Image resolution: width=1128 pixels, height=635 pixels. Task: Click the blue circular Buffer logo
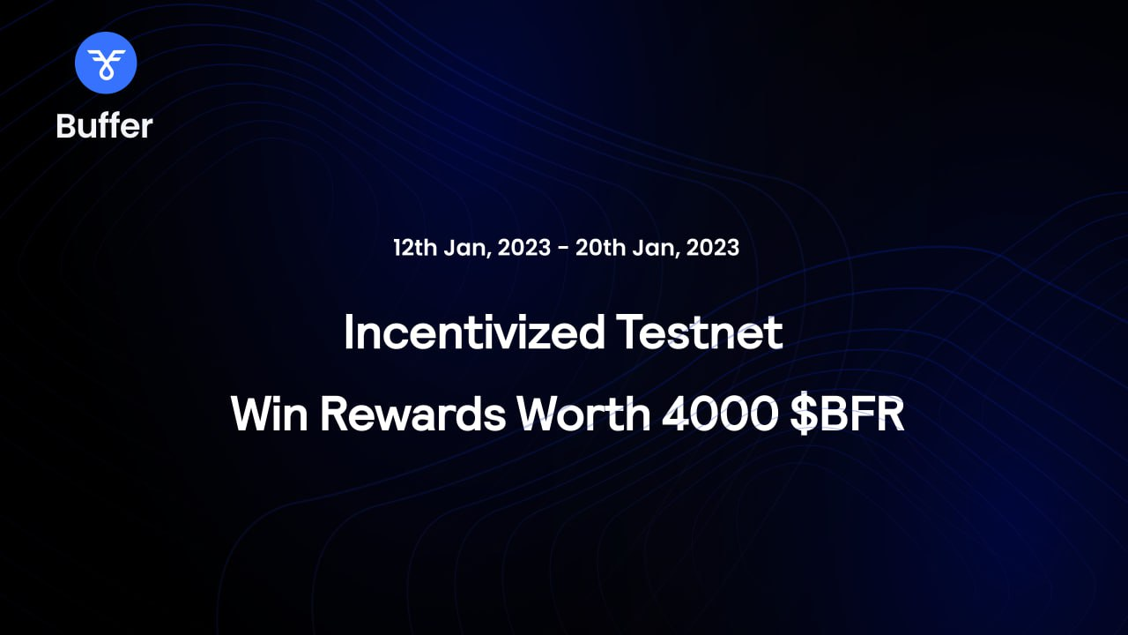pos(106,63)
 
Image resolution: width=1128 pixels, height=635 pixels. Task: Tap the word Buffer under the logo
pos(104,125)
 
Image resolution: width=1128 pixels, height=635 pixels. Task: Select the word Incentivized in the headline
pos(474,332)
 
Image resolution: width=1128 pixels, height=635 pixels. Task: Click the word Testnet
pos(700,332)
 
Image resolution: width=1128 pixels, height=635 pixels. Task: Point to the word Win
pos(270,414)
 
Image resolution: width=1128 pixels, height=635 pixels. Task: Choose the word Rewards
pos(413,414)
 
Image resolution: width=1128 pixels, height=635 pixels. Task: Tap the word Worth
pos(583,414)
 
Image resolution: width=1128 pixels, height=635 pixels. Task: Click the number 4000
pos(719,415)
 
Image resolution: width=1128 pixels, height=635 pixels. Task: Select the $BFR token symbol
pos(848,415)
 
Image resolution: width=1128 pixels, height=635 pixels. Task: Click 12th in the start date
pos(415,248)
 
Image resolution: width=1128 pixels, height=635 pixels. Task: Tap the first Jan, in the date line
pos(467,249)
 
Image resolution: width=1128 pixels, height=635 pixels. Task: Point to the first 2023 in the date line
pos(524,248)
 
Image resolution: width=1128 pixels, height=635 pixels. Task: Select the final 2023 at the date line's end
pos(713,248)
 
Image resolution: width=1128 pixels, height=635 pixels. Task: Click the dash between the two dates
pos(563,249)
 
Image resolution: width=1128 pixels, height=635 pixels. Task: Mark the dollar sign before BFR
pos(804,415)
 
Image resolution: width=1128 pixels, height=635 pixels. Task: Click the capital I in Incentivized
pos(348,332)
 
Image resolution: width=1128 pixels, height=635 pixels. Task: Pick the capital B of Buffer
pos(65,125)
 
